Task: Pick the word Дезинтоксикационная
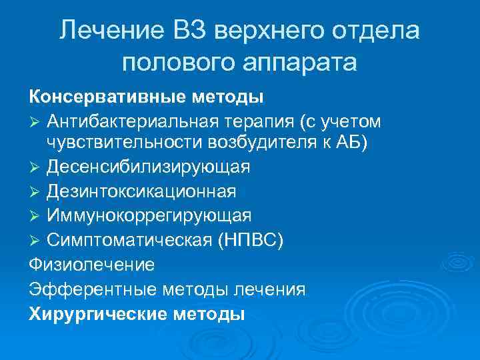pyautogui.click(x=141, y=191)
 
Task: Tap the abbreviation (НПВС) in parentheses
pyautogui.click(x=250, y=239)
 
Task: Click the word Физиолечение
pyautogui.click(x=91, y=265)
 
